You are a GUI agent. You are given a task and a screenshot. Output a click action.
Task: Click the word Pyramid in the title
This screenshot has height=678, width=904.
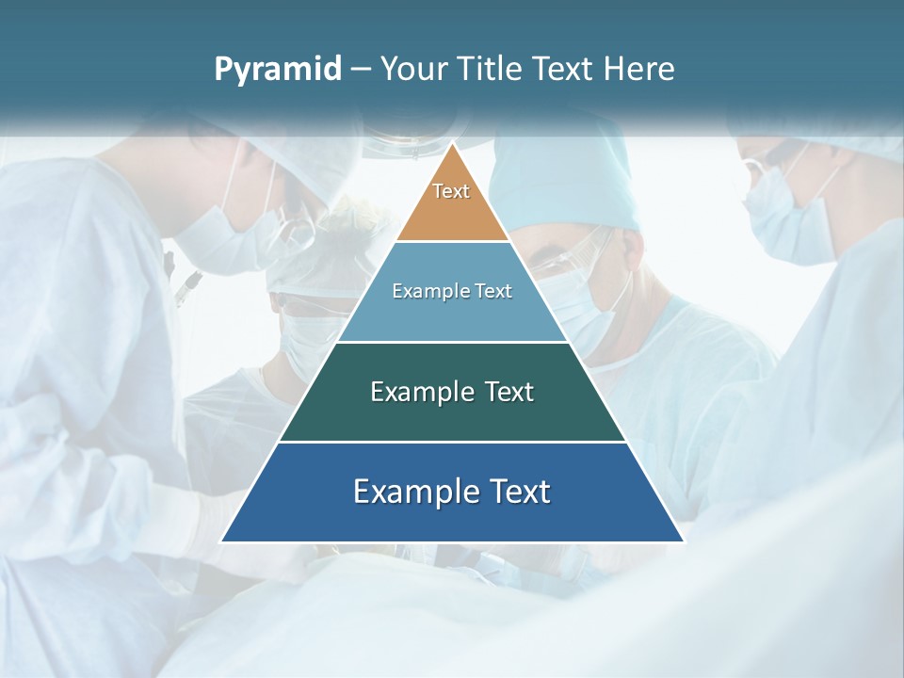277,70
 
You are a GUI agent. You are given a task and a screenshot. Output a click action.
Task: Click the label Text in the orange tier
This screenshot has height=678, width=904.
451,191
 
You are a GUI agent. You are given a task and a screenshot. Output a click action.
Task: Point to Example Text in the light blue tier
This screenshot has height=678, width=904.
452,291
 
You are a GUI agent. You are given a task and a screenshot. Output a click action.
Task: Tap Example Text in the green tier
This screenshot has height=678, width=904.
452,392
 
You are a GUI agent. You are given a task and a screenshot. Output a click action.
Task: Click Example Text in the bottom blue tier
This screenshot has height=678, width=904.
452,492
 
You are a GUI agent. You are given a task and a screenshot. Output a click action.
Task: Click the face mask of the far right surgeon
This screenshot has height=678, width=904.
786,221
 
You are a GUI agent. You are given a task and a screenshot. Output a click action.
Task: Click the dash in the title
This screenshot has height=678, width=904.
360,70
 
